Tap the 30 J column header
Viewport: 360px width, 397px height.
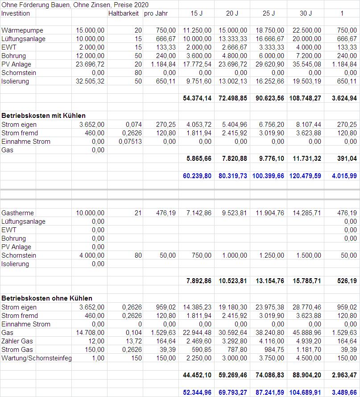pyautogui.click(x=306, y=13)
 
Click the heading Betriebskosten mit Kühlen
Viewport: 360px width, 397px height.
pyautogui.click(x=43, y=116)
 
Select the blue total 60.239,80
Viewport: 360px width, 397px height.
pyautogui.click(x=197, y=176)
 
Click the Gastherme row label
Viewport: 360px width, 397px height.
pyautogui.click(x=17, y=213)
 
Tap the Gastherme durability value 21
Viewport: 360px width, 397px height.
pyautogui.click(x=137, y=213)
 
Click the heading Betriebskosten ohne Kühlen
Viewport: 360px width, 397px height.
pyautogui.click(x=47, y=298)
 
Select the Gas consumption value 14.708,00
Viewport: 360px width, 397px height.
pyautogui.click(x=91, y=333)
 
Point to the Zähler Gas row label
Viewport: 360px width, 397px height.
pyautogui.click(x=17, y=341)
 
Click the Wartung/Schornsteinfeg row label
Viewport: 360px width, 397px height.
pyautogui.click(x=37, y=358)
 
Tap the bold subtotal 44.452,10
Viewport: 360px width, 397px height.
pyautogui.click(x=197, y=376)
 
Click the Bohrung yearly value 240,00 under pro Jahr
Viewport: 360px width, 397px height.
pyautogui.click(x=166, y=56)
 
